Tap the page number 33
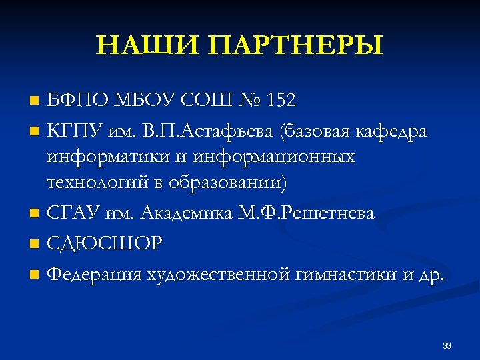point(447,345)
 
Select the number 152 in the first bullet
point(281,101)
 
